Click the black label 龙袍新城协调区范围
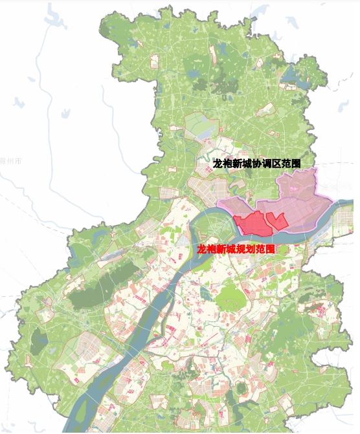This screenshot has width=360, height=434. (x=257, y=164)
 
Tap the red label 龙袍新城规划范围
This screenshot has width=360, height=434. (x=236, y=248)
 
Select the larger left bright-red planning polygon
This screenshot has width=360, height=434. (x=249, y=224)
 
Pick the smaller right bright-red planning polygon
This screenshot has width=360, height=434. (x=277, y=221)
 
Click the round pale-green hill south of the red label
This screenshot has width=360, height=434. (x=227, y=298)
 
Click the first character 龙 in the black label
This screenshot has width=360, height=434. (x=218, y=164)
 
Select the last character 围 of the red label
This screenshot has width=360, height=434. (x=271, y=248)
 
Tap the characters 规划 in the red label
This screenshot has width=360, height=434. (x=243, y=248)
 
